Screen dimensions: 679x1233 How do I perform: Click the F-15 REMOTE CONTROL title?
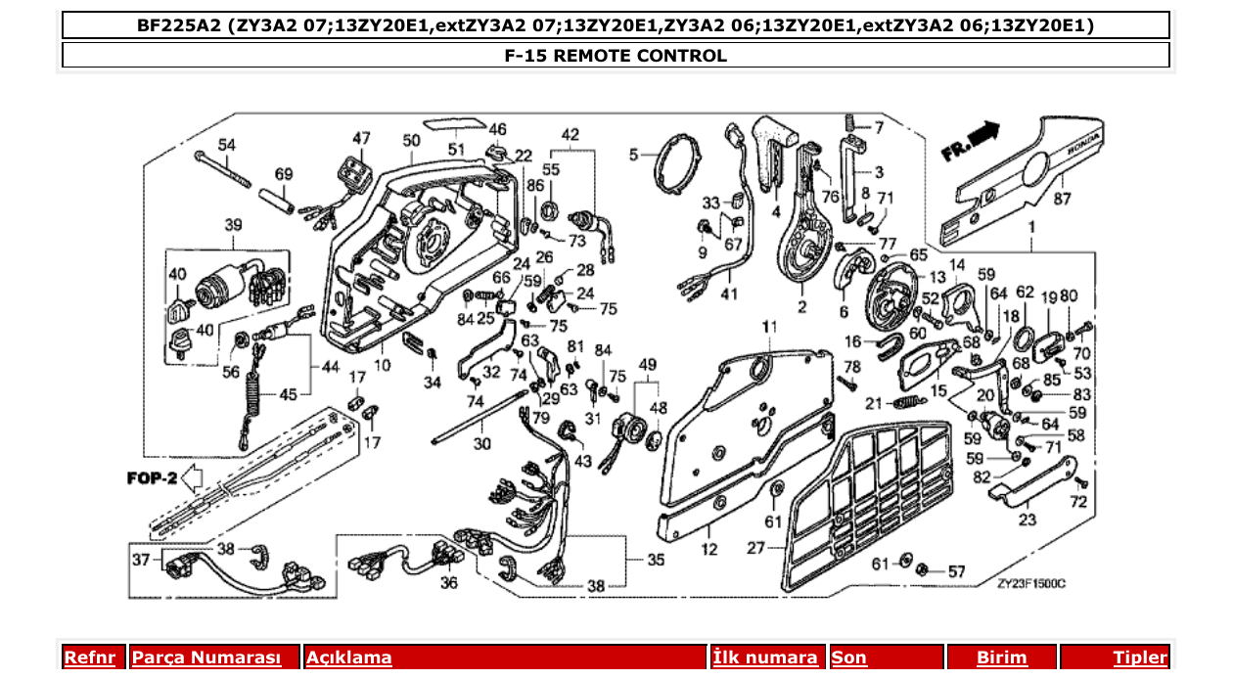pos(616,56)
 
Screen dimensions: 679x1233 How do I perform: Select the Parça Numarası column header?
pos(205,657)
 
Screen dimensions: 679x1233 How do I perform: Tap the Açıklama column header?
pos(349,657)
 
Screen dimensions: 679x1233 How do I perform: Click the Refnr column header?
pos(89,657)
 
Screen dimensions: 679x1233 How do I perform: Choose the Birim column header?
pos(1002,657)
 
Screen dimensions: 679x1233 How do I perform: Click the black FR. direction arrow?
pos(985,131)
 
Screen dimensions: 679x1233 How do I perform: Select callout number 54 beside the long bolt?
pos(227,145)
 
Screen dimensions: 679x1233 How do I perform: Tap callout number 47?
pos(362,138)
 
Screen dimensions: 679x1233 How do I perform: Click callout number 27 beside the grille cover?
pos(755,549)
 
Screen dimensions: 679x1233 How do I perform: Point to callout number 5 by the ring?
pos(634,155)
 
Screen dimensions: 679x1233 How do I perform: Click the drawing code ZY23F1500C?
pos(1030,583)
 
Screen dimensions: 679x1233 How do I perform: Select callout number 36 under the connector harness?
pos(448,583)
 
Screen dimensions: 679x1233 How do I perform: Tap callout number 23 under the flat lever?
pos(1027,520)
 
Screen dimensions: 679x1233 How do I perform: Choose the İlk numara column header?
pos(765,657)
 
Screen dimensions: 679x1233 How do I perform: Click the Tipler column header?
pos(1140,657)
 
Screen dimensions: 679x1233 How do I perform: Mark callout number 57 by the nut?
pos(956,570)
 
